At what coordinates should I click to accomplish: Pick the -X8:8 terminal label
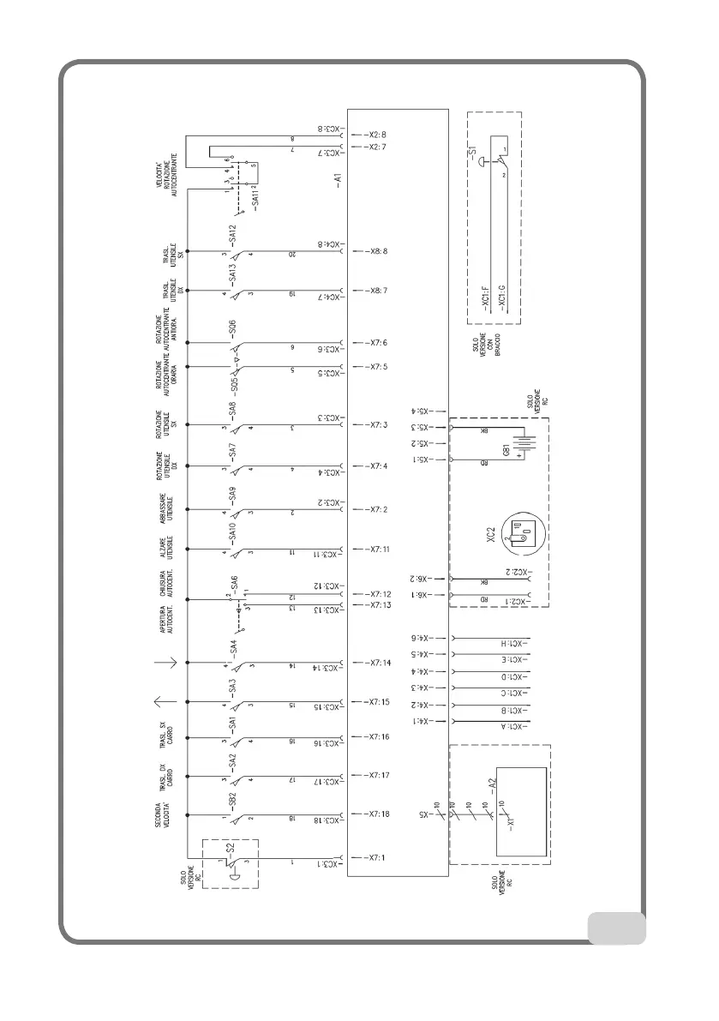coord(374,251)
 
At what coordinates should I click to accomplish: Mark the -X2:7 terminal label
coord(374,147)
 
